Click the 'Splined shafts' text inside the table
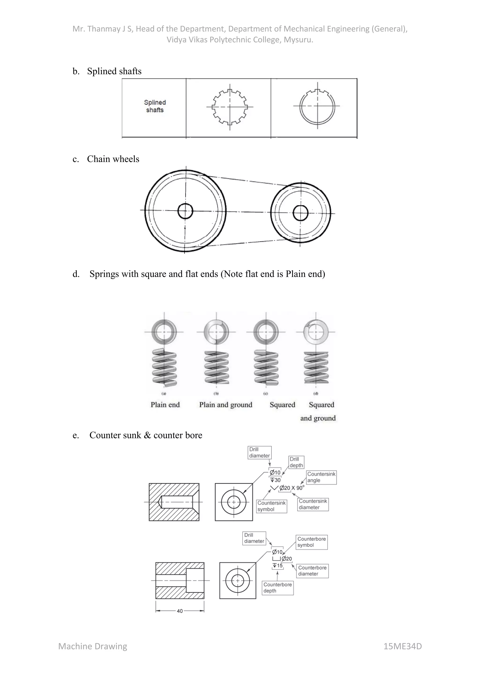[155, 106]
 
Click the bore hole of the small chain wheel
[301, 213]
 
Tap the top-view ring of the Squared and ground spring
[316, 332]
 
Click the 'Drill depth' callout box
[296, 462]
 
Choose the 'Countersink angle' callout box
[321, 477]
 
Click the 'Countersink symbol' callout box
[271, 506]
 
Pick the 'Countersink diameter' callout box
[313, 504]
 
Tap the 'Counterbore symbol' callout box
[311, 542]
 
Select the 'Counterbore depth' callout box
[277, 588]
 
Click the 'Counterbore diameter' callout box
[312, 570]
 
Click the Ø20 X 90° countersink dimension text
[291, 488]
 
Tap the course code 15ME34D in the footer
[402, 646]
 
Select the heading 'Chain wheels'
[113, 159]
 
